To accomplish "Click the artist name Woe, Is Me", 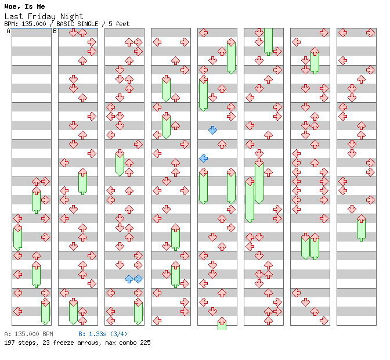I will pos(24,6).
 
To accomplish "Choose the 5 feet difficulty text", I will pos(118,24).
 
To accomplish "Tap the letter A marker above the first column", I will pos(9,31).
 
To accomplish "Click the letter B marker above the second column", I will pos(55,31).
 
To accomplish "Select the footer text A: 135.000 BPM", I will pos(28,334).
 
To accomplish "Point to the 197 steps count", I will pos(18,343).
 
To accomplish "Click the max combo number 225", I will pos(144,343).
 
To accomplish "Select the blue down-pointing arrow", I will pos(212,130).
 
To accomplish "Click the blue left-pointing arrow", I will pos(203,158).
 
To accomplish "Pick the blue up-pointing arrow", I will pos(129,279).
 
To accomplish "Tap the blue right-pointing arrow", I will pos(138,279).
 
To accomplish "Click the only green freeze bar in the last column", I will pos(361,228).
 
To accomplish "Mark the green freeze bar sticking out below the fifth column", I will pos(222,324).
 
